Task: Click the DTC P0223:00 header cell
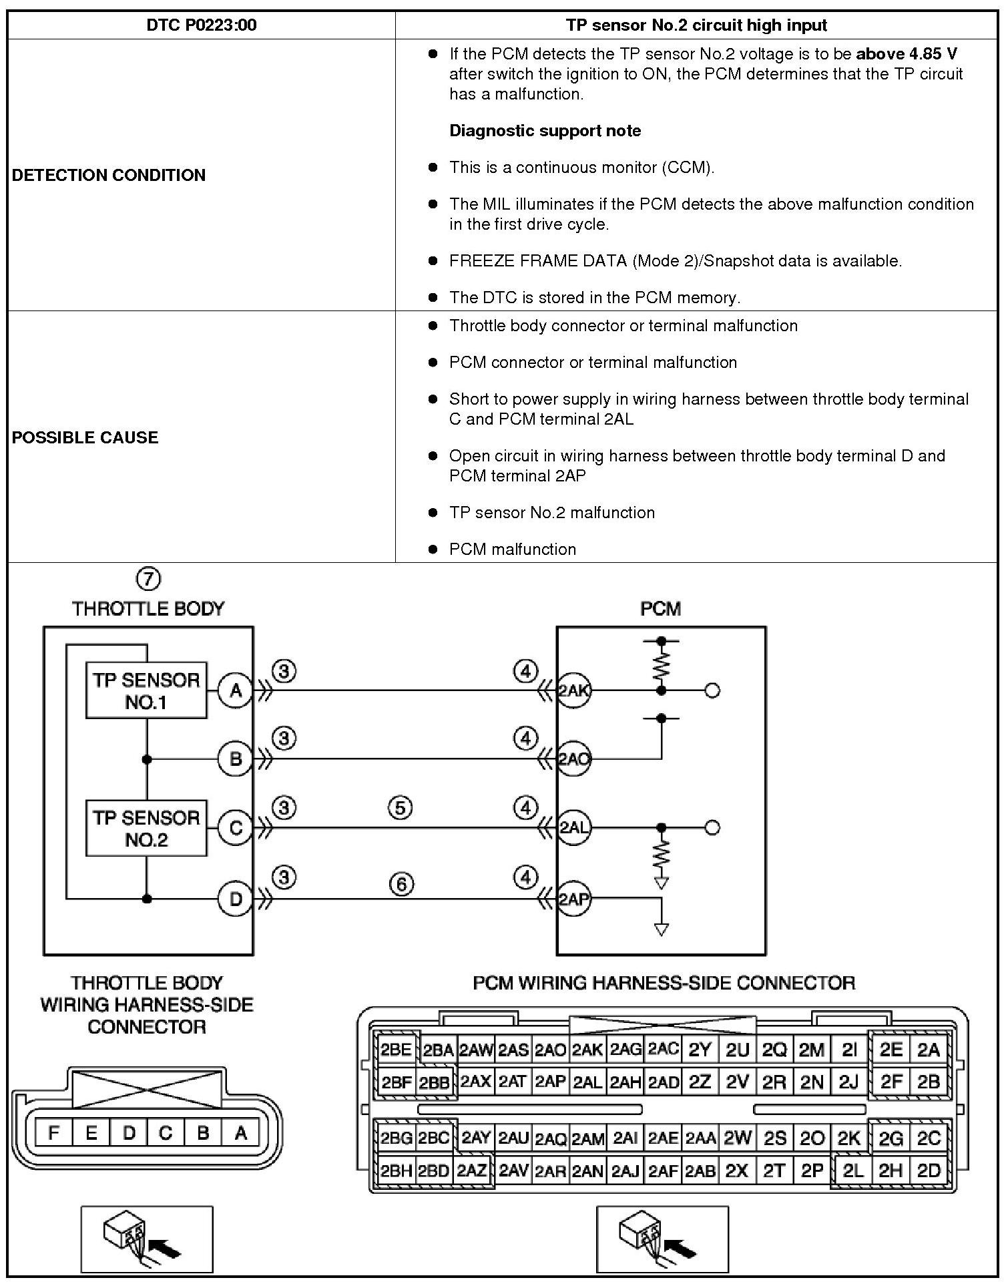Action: pos(201,25)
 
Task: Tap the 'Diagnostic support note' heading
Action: pos(545,131)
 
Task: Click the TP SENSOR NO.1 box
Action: pos(146,690)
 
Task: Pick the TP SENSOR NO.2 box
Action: pos(146,829)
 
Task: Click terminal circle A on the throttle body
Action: pos(236,690)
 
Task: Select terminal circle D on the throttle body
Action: pos(236,899)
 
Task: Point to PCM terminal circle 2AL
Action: pos(573,828)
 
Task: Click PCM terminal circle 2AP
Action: pos(573,899)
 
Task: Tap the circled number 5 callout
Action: pos(400,809)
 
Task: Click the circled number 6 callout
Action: pos(401,885)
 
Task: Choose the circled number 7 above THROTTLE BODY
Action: pos(148,578)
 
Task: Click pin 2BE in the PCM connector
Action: pos(396,1050)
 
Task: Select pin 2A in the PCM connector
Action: pos(928,1050)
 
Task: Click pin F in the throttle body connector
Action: pos(54,1132)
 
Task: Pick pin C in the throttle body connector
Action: pos(166,1132)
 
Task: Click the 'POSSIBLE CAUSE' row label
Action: pos(85,437)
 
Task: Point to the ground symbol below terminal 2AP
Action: pos(661,929)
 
